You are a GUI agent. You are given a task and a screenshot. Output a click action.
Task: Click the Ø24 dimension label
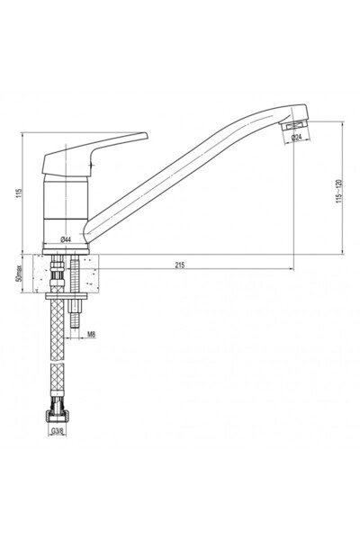point(296,137)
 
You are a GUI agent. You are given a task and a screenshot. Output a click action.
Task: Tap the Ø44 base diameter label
point(66,239)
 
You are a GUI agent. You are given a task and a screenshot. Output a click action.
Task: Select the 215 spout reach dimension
point(180,265)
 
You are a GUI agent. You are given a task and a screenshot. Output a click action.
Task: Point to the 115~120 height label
point(339,191)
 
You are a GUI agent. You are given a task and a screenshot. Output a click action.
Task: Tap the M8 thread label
point(91,334)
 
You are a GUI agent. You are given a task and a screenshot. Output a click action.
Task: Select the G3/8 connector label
point(58,431)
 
